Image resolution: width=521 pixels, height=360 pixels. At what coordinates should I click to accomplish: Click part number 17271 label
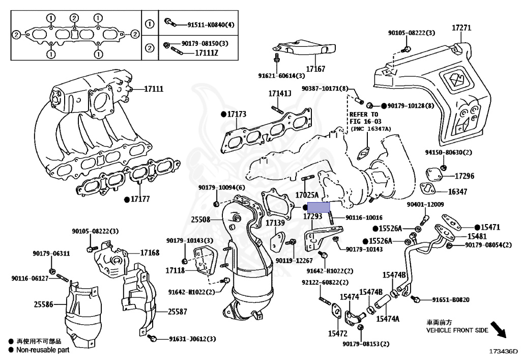click(461, 28)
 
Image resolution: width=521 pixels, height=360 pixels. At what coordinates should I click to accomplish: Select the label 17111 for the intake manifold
click(154, 89)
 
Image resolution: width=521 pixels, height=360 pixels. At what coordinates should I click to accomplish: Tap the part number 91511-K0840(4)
click(211, 24)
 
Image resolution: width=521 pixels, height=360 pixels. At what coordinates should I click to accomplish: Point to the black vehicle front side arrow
click(498, 329)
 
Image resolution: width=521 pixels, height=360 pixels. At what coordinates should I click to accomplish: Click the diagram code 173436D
click(503, 351)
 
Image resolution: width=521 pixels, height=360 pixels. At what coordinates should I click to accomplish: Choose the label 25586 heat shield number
click(44, 304)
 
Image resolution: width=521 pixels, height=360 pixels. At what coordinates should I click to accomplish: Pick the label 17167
click(315, 69)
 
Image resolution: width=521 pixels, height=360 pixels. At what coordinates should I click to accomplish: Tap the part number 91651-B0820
click(451, 300)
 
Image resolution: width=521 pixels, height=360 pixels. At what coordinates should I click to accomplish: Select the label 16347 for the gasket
click(457, 191)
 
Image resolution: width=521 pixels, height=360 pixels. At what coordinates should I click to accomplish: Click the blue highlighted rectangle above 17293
click(319, 207)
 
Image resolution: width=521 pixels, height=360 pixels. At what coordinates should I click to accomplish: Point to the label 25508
click(200, 219)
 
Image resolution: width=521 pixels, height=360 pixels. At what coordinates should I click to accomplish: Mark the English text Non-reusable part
click(43, 350)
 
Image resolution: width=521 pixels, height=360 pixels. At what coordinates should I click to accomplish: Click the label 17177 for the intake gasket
click(140, 199)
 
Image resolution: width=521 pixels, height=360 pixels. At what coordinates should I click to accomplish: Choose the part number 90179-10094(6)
click(222, 188)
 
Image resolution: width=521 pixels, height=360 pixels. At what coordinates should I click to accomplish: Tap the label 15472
click(338, 334)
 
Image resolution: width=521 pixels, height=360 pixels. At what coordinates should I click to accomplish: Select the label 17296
click(465, 176)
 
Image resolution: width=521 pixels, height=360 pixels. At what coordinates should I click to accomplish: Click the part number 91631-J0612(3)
click(192, 339)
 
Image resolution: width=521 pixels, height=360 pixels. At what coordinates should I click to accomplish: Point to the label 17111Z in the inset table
click(207, 53)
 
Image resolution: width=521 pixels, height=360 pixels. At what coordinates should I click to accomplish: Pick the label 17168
click(150, 253)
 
